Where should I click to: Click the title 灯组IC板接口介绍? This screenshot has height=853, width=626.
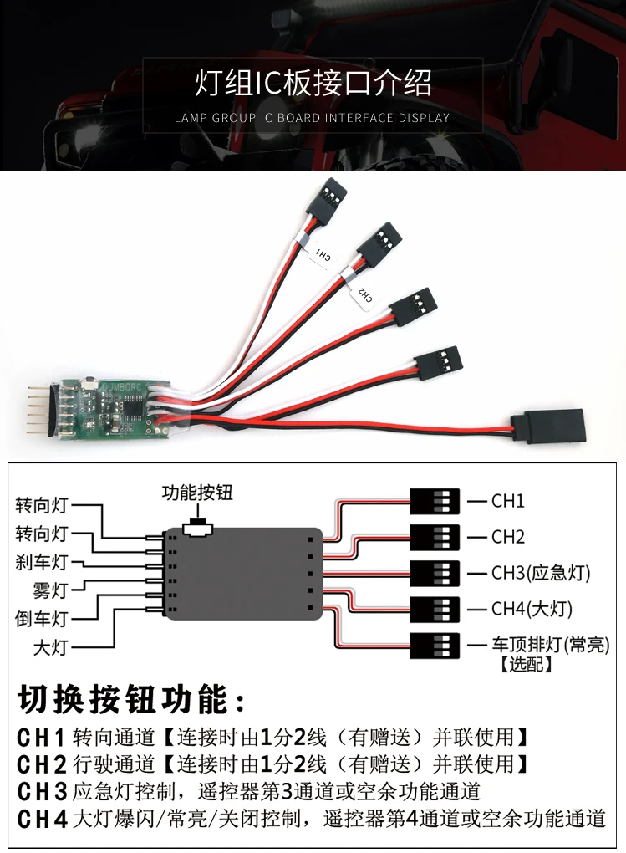pos(313,84)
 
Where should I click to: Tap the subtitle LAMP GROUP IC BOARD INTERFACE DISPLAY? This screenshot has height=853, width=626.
pos(313,118)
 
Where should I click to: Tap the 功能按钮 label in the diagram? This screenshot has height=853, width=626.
pos(197,493)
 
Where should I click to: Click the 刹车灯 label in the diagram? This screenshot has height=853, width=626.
pos(41,562)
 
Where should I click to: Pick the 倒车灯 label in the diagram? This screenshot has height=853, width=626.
pos(41,619)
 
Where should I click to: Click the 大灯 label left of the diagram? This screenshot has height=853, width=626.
pos(50,648)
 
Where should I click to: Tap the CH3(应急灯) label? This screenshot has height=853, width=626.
pos(541,573)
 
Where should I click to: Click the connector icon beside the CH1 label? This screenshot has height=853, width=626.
pos(435,502)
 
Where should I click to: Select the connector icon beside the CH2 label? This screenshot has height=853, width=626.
pos(435,537)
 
